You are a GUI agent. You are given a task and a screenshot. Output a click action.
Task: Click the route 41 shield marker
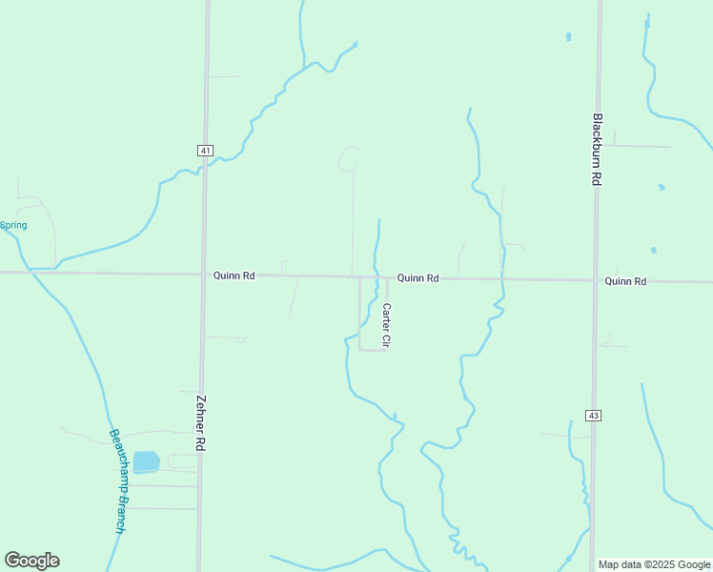tap(205, 151)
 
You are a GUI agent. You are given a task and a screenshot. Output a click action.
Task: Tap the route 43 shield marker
tap(593, 416)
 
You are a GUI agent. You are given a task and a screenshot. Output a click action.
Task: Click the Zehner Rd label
tap(201, 423)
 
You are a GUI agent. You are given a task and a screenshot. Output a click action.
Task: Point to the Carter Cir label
tap(387, 325)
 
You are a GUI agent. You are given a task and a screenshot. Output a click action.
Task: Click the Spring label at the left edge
tap(13, 226)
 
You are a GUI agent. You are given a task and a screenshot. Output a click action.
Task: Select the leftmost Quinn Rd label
tap(234, 276)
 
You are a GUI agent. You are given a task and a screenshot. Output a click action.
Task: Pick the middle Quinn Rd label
tap(418, 278)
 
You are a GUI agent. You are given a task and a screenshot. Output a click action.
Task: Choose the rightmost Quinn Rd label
tap(625, 281)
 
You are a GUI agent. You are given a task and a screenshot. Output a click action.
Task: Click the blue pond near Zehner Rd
tap(146, 462)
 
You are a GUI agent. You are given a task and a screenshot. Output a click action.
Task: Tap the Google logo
tap(32, 561)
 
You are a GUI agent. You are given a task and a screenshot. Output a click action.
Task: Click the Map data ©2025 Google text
tap(654, 564)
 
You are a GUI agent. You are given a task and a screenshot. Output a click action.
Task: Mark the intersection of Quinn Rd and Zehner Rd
tap(203, 275)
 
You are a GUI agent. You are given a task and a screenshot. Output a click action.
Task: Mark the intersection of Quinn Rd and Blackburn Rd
tap(596, 280)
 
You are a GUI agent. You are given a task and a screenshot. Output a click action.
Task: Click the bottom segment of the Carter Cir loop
tap(373, 350)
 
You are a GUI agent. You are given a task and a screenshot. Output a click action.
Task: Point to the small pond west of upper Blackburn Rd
tap(568, 37)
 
